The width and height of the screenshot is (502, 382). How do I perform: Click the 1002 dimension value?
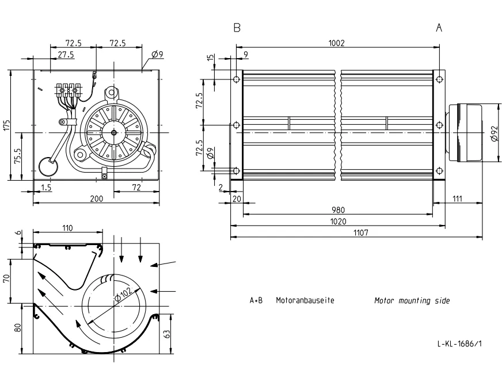[336, 43]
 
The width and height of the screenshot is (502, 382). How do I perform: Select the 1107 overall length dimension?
[361, 233]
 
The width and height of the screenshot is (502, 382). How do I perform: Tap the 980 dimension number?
[338, 210]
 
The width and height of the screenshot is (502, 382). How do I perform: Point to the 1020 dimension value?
[338, 221]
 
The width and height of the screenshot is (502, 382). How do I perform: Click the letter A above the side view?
[439, 28]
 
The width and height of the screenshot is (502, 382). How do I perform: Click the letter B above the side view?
[237, 28]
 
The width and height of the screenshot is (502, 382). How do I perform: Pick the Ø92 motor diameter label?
[494, 133]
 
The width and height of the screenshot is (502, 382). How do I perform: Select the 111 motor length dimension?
[457, 198]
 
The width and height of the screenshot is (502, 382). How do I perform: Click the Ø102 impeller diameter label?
[123, 294]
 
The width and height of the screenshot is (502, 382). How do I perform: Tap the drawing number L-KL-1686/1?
[459, 343]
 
